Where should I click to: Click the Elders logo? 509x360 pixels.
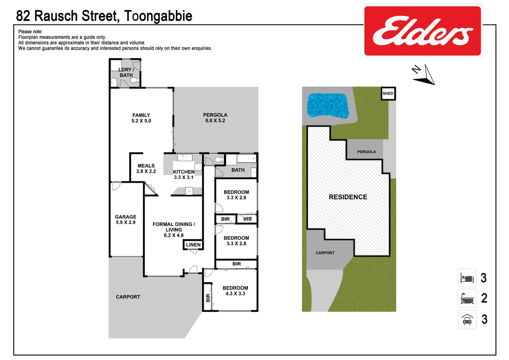click(422, 31)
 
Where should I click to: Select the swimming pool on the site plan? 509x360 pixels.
click(327, 105)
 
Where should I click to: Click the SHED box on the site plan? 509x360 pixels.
click(388, 93)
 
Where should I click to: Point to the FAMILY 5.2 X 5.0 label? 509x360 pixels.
click(141, 118)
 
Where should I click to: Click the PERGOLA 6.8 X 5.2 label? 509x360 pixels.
click(215, 118)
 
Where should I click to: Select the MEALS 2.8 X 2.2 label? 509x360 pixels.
click(146, 168)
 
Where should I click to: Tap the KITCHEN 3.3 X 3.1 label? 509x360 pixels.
click(184, 175)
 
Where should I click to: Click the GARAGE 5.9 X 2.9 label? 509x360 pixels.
click(126, 219)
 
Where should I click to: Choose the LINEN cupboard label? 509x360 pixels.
click(193, 245)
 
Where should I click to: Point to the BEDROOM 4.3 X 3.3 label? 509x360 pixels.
click(235, 291)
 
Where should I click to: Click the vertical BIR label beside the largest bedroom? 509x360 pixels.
click(208, 298)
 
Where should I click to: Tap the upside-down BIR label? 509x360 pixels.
click(247, 219)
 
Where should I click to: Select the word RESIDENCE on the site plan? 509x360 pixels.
click(348, 197)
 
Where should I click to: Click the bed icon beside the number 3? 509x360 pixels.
click(467, 278)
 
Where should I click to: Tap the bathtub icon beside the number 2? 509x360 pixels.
click(467, 298)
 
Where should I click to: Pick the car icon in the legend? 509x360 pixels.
click(467, 319)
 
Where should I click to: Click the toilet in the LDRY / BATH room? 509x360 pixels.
click(134, 80)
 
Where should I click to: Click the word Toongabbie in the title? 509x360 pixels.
click(158, 16)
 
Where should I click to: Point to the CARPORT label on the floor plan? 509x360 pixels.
click(128, 297)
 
